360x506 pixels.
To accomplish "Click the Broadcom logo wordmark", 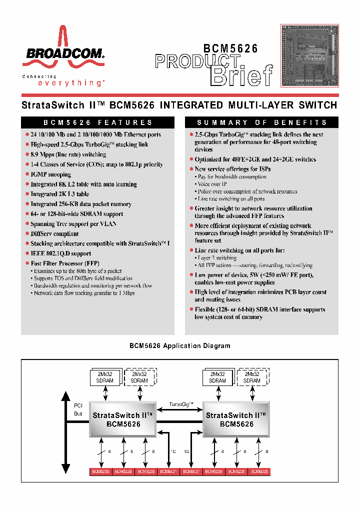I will (x=62, y=53).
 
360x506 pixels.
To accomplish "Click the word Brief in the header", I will (x=242, y=75).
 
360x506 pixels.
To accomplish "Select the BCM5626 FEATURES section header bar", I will (x=97, y=122).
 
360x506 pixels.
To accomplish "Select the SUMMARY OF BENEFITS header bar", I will (x=261, y=122).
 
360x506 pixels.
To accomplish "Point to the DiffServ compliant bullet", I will (x=54, y=233).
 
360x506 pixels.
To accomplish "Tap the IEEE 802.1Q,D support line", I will (x=60, y=253).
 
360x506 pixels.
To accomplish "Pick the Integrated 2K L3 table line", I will (x=59, y=194).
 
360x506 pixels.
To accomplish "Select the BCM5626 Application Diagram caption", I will (x=179, y=345).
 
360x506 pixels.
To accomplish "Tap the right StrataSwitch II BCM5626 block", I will (x=236, y=419).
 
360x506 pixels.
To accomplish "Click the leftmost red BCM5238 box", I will (x=100, y=471).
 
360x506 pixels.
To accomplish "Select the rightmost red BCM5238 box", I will (x=259, y=471).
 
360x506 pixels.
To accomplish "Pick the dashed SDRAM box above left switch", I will (x=139, y=377).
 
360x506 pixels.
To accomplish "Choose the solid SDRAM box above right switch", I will (x=217, y=377).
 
